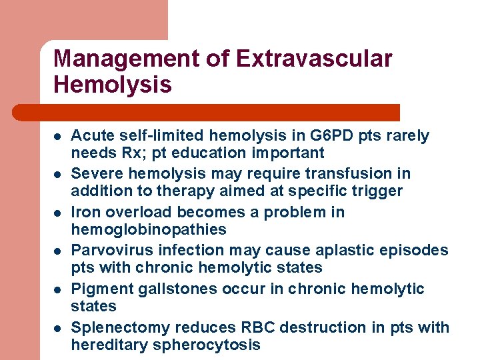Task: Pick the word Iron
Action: point(85,213)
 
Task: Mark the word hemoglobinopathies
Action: point(149,230)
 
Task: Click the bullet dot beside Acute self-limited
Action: point(58,136)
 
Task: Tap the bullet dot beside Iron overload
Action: point(58,213)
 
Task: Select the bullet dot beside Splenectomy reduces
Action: point(58,328)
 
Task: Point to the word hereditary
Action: point(110,345)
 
